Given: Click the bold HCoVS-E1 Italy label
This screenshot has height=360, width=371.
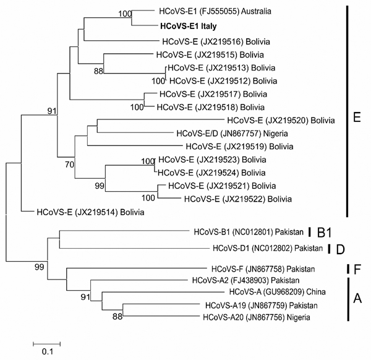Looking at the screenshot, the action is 189,26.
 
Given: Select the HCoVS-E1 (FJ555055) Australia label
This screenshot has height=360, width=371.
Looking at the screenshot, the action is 215,11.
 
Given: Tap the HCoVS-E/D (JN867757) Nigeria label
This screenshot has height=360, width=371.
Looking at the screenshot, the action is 232,134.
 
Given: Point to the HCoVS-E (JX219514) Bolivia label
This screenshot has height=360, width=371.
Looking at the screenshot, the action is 90,212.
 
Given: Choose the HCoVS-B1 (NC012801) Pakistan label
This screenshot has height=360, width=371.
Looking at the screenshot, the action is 249,232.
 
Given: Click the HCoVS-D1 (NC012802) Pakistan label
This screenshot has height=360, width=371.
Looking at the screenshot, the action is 268,248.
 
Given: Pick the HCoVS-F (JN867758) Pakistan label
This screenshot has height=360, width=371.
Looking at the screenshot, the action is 263,269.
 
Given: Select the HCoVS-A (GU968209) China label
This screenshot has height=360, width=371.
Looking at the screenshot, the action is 277,292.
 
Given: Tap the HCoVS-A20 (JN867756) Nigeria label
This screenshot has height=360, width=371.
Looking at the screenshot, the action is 257,317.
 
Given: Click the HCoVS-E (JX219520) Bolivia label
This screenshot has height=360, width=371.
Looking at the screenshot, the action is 281,121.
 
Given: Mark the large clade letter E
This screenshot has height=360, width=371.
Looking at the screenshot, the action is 357,118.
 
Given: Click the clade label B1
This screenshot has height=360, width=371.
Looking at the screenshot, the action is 324,233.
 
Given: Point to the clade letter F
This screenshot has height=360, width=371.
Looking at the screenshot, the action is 357,269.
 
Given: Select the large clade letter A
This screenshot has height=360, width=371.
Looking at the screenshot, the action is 357,298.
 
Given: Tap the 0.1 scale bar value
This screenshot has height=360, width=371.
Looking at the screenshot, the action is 48,352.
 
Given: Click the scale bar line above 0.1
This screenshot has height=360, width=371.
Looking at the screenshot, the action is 46,343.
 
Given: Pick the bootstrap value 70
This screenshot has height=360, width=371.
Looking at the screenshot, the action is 69,165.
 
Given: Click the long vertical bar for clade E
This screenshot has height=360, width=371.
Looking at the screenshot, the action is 347,111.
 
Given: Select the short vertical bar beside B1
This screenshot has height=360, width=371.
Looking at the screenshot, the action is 309,232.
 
